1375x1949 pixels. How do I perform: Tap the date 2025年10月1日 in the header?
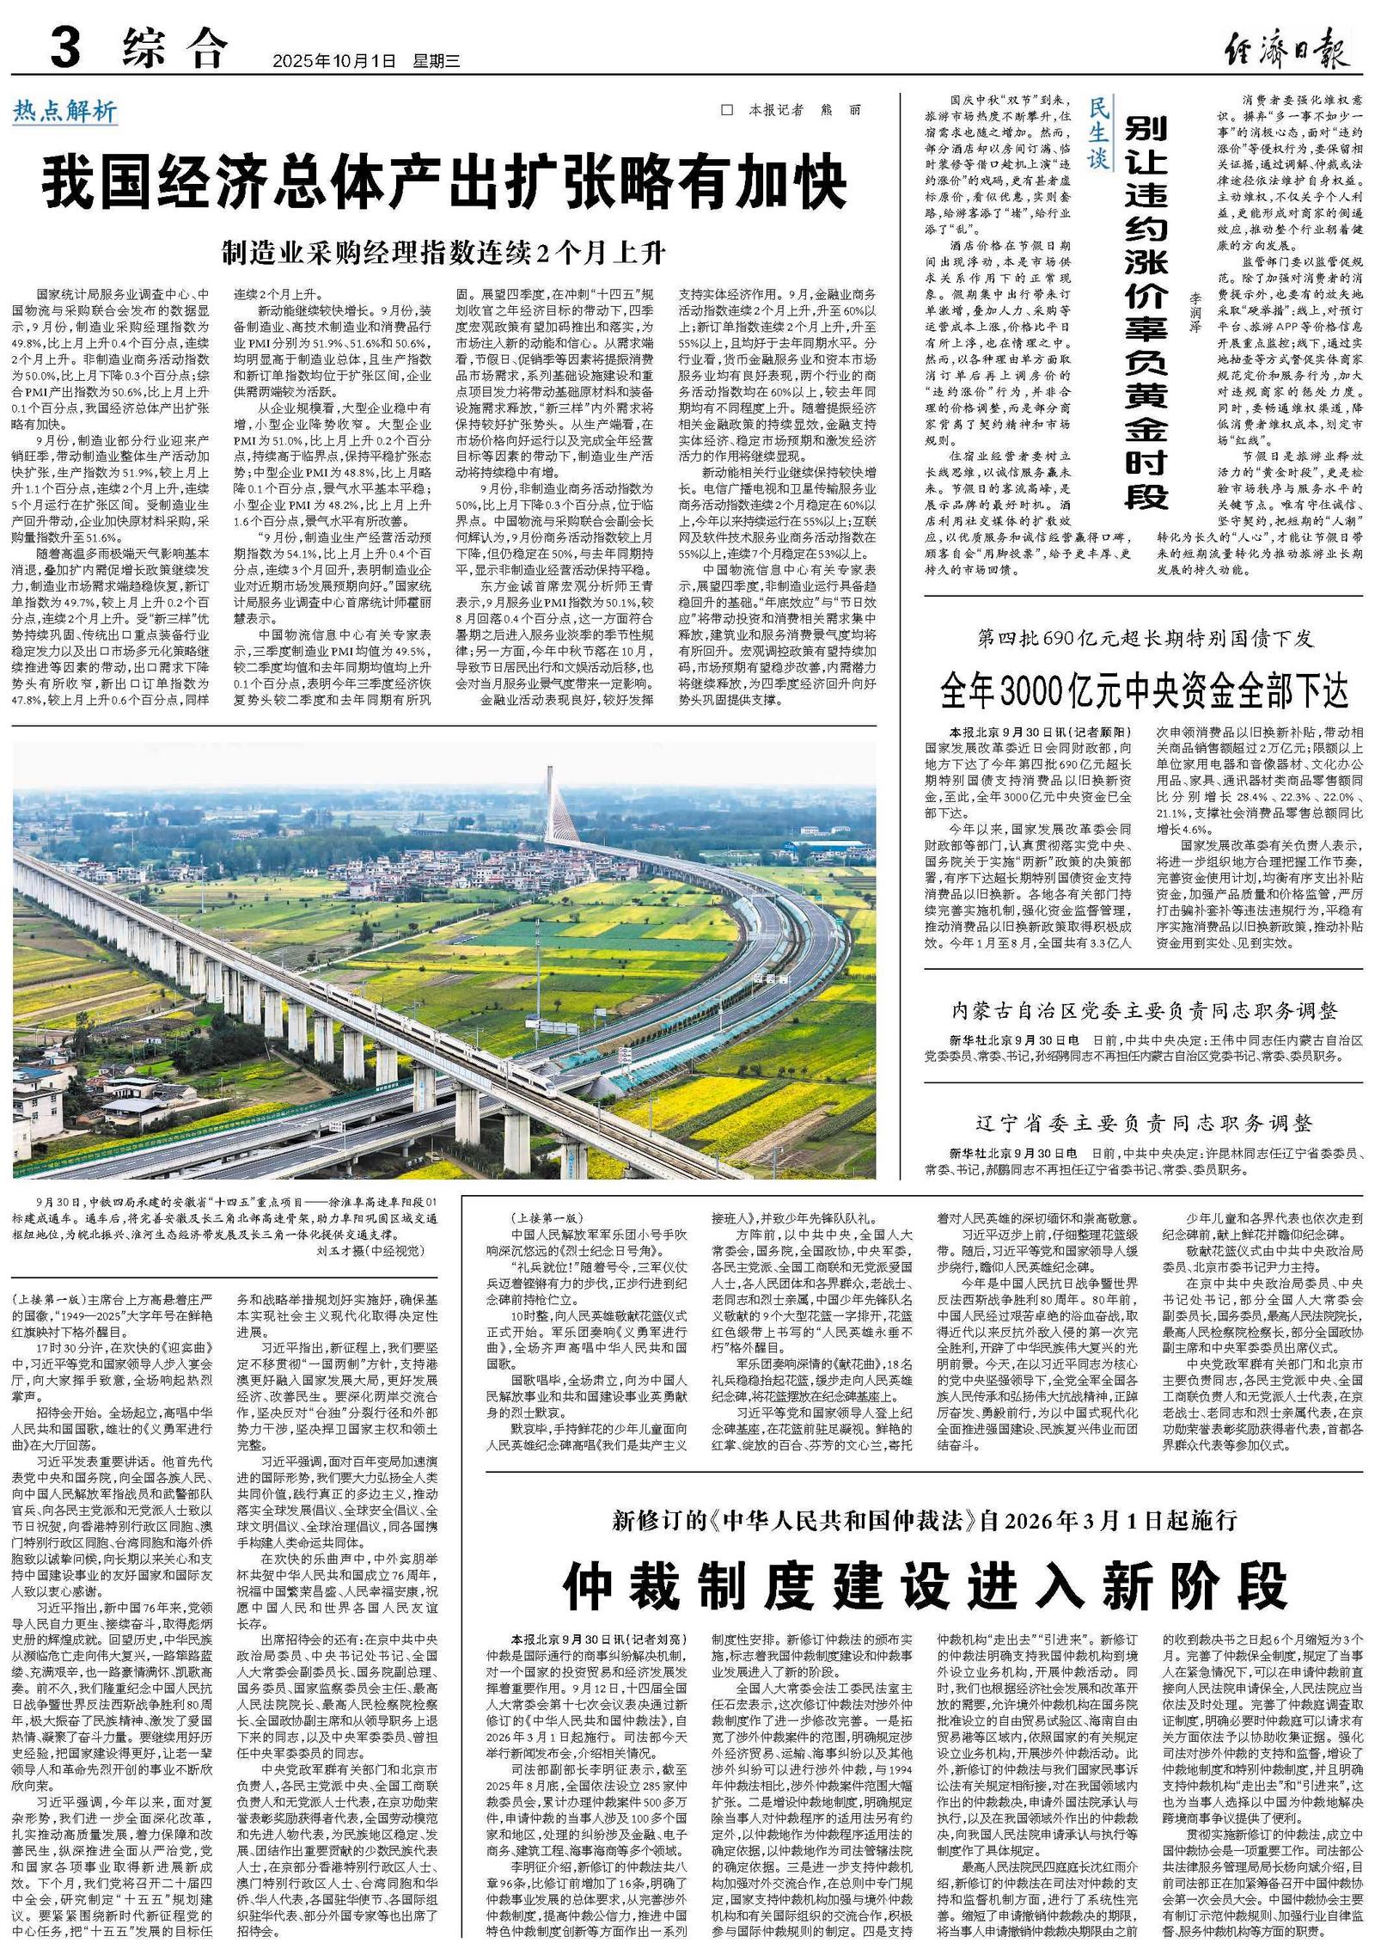click(334, 62)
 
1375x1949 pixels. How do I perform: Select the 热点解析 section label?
click(64, 110)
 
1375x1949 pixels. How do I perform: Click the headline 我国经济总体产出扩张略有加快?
click(444, 182)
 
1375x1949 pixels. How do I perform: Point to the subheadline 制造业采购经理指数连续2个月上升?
click(444, 253)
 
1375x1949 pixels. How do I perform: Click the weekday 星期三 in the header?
click(437, 62)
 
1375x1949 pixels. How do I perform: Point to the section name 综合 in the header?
click(174, 49)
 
